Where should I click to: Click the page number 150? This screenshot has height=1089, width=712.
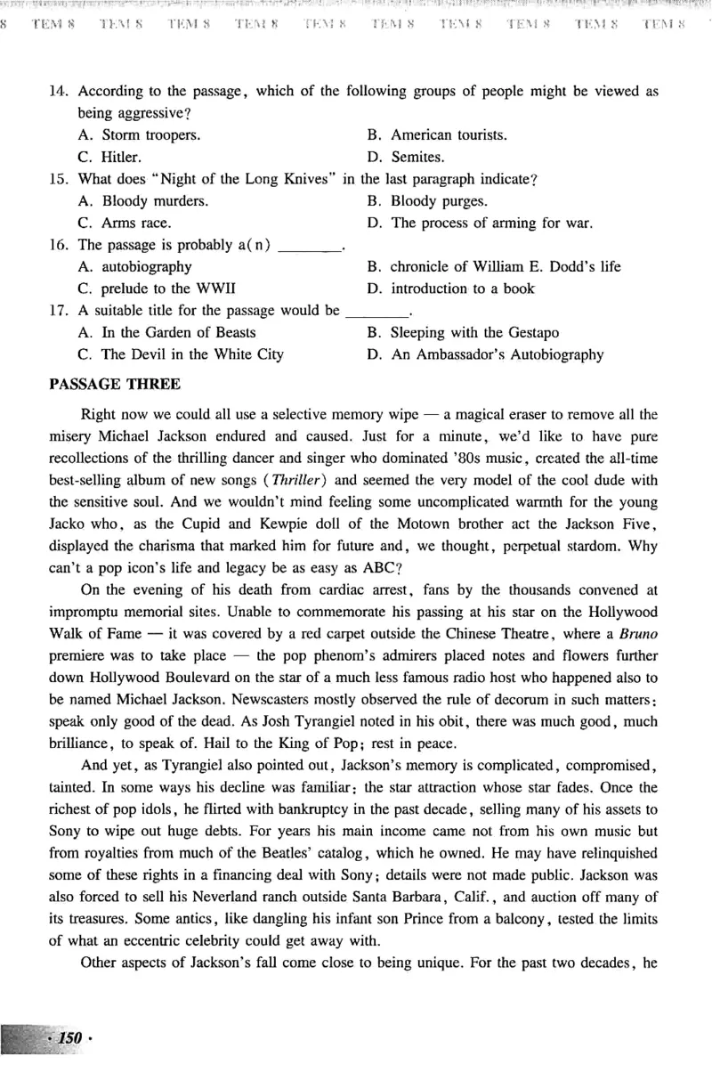coord(68,1038)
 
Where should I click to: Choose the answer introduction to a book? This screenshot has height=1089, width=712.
coord(462,289)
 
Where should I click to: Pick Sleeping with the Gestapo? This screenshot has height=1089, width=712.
coord(474,332)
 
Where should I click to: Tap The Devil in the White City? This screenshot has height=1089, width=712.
coord(192,354)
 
